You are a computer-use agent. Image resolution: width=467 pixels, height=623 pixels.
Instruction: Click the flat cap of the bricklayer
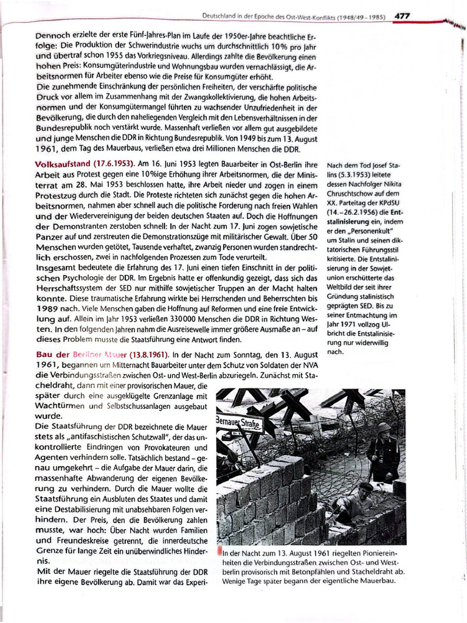pos(365,486)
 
